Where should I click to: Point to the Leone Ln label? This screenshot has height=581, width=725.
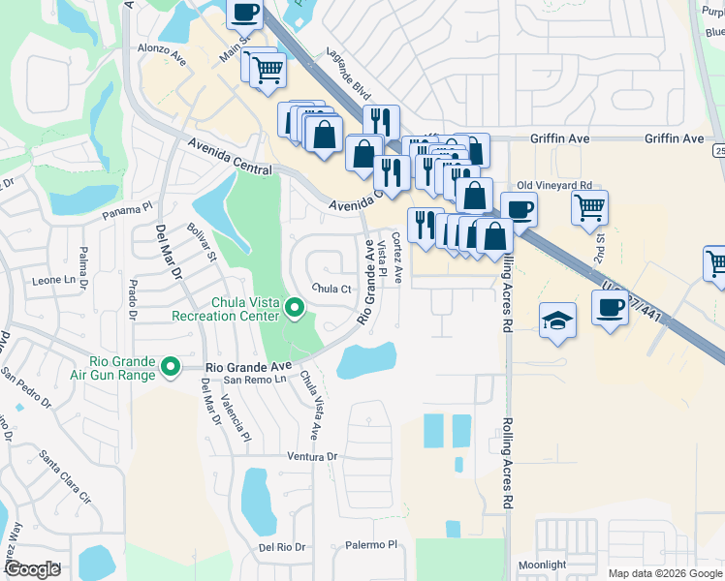tap(53, 280)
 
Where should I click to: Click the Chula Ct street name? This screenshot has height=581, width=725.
tap(331, 289)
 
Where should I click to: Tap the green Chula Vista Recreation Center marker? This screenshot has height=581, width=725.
tap(296, 310)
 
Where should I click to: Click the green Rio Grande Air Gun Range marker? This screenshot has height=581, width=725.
tap(171, 366)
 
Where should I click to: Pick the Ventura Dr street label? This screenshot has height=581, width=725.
tap(310, 456)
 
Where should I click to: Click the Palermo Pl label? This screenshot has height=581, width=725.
tap(369, 545)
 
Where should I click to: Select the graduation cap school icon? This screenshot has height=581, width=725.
tap(557, 321)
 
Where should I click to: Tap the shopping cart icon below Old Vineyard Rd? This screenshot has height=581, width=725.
tap(589, 206)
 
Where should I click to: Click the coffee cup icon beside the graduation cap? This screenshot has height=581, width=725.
tap(610, 307)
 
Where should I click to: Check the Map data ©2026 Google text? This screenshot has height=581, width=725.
tap(664, 573)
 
